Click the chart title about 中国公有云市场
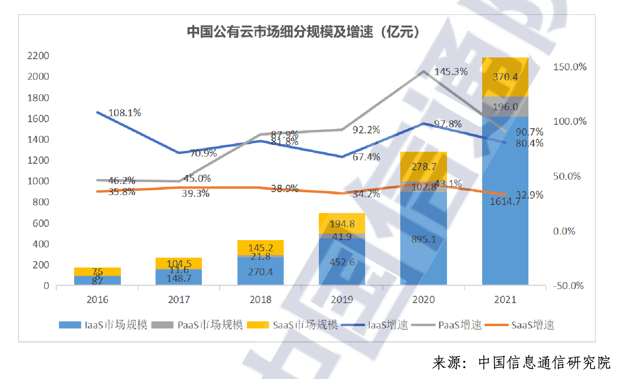(303, 32)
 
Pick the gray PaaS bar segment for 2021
(505, 107)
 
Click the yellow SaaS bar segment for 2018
(261, 247)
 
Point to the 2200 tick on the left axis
(38, 56)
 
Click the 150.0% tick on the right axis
(570, 67)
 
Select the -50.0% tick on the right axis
(568, 286)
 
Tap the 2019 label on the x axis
(342, 300)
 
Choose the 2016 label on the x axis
(97, 300)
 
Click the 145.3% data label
(451, 72)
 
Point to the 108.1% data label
(125, 113)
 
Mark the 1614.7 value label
(505, 202)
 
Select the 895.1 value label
(423, 239)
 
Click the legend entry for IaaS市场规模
(103, 325)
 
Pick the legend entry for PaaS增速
(447, 325)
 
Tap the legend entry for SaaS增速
(520, 325)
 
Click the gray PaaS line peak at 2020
(423, 72)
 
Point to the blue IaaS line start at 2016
(98, 112)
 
